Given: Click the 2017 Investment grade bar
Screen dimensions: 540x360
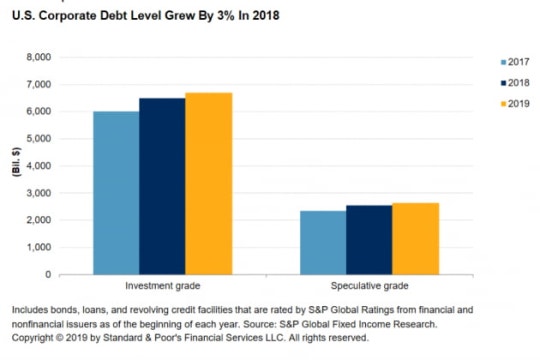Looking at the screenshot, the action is coord(116,193).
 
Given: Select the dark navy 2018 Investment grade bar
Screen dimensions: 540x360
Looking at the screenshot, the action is coord(162,186).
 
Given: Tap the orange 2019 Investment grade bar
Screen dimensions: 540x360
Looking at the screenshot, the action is coord(209,184).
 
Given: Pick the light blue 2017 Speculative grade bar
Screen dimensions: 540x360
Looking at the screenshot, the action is coord(323,243).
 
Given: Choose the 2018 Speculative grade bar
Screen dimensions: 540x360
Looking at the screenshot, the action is coord(369,240).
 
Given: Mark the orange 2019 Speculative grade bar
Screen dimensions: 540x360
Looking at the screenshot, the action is coord(416,239).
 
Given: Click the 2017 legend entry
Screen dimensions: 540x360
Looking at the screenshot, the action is coord(515,62).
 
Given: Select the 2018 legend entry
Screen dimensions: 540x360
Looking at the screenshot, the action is coord(515,83).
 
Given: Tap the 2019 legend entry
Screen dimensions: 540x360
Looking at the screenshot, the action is coord(515,104).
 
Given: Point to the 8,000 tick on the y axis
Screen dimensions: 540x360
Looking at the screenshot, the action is coord(39,57).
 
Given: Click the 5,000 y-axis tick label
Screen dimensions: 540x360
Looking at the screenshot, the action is coord(39,138).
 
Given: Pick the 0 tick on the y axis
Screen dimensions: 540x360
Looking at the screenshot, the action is coord(48,275).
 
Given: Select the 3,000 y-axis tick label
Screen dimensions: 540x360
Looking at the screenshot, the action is coord(39,193).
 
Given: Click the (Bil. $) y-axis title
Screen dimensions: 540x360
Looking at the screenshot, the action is coord(16,162).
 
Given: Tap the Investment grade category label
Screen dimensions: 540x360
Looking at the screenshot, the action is coord(163,286).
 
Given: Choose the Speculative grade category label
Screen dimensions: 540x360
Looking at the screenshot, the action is coord(370,286).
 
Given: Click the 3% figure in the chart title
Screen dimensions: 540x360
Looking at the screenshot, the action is coord(226,16).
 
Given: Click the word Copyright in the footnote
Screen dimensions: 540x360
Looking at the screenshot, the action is coord(33,338).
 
